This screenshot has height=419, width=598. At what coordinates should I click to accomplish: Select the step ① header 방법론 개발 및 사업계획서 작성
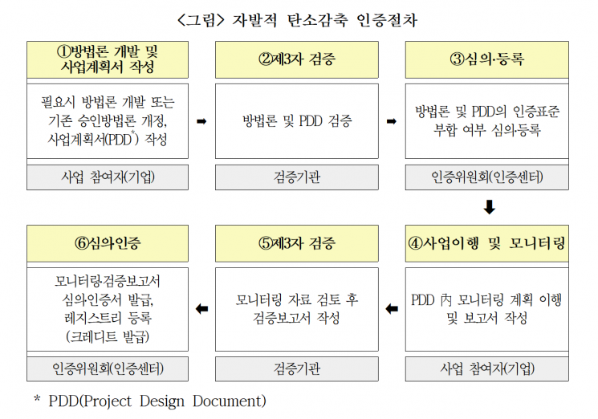click(x=108, y=59)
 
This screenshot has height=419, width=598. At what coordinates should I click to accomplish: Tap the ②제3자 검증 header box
click(x=297, y=59)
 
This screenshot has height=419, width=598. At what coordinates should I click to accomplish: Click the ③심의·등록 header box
click(x=487, y=59)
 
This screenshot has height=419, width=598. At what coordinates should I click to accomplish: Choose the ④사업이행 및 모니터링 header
click(x=487, y=243)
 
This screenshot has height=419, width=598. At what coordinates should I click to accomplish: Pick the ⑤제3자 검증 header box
click(x=297, y=243)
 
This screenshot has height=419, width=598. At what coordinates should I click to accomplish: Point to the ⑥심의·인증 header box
click(x=108, y=243)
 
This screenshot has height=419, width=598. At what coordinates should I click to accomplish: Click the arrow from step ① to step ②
click(x=201, y=122)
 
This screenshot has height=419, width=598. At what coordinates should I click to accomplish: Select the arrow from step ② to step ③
click(x=391, y=122)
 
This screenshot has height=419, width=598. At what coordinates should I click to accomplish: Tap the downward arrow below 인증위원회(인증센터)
click(x=490, y=207)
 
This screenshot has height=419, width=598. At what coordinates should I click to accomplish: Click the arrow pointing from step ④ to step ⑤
click(x=392, y=308)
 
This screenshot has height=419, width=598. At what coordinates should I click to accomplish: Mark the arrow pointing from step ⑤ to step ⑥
click(x=201, y=308)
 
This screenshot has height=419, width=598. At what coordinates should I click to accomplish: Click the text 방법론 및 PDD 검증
click(x=297, y=121)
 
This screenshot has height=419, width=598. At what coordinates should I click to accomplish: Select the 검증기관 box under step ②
click(x=297, y=177)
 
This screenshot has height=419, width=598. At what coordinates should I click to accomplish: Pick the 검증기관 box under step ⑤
click(x=297, y=368)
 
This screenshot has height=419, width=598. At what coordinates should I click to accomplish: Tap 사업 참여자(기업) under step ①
click(x=108, y=177)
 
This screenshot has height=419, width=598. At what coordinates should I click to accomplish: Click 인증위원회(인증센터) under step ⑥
click(x=108, y=368)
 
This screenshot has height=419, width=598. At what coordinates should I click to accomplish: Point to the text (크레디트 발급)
click(x=108, y=336)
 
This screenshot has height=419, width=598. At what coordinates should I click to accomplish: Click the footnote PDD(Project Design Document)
click(x=157, y=401)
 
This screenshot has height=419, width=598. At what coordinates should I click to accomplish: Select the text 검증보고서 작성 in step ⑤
click(x=296, y=318)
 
